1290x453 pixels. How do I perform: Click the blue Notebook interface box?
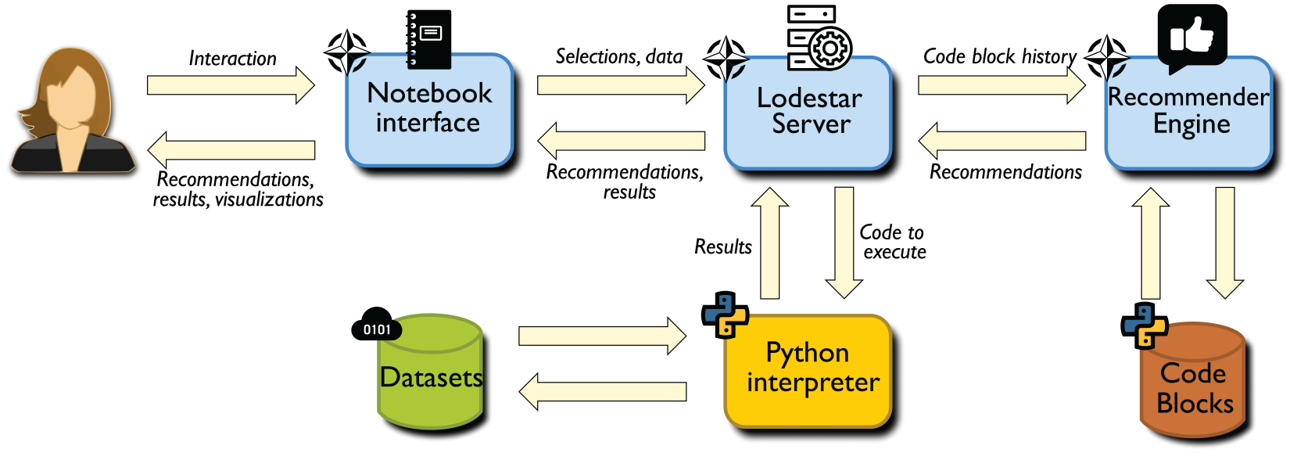[430, 110]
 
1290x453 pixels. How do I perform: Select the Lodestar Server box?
[808, 113]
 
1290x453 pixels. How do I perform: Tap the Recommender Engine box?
[1189, 113]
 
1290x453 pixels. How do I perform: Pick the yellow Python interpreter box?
[808, 371]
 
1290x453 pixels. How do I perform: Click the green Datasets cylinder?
[430, 372]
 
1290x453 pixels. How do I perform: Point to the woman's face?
[70, 98]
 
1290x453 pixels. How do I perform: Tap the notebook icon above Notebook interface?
[428, 39]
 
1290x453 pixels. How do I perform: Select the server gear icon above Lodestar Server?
[819, 38]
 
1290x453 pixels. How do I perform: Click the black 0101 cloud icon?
[377, 324]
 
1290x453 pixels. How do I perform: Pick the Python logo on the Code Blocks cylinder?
[1145, 325]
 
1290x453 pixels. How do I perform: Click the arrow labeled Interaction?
[231, 85]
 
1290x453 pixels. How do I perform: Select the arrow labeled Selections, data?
[621, 85]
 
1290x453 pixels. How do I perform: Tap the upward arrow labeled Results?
[770, 243]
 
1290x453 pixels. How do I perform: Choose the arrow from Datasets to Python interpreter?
[602, 336]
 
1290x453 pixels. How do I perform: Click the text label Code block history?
[1000, 56]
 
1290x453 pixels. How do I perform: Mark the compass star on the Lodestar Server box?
[726, 59]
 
